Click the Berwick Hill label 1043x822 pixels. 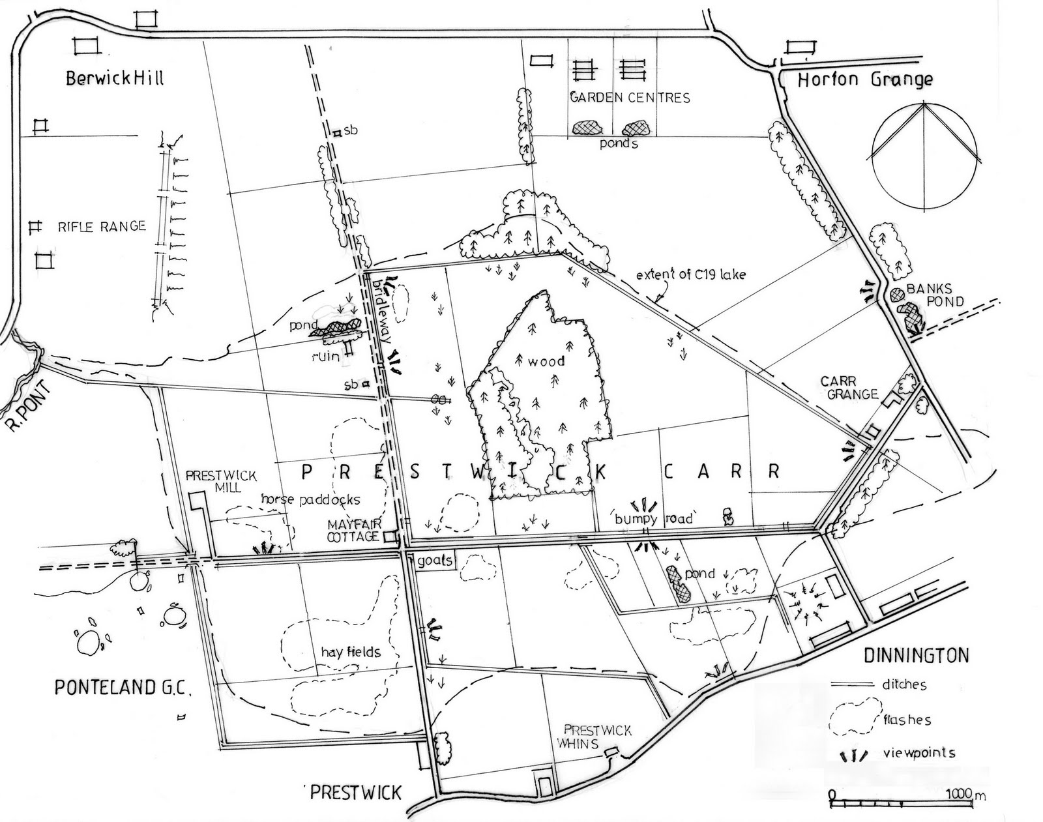tap(115, 79)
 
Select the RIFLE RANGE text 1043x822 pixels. tap(102, 227)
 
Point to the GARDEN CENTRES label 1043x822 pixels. tap(629, 98)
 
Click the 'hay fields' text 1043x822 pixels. tap(350, 651)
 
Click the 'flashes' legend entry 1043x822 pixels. tap(907, 720)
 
